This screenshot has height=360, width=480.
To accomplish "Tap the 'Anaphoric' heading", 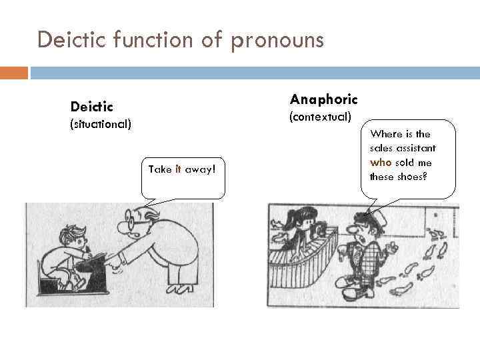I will coord(323,99).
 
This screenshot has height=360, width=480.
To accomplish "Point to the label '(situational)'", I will coord(101,124).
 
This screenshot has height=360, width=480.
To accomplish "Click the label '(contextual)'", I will coord(319,117).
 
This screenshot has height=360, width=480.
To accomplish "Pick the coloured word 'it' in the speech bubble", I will coord(178,169).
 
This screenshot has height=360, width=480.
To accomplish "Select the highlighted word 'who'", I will coord(381,162).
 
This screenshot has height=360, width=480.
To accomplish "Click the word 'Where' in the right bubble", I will coord(385,133).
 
